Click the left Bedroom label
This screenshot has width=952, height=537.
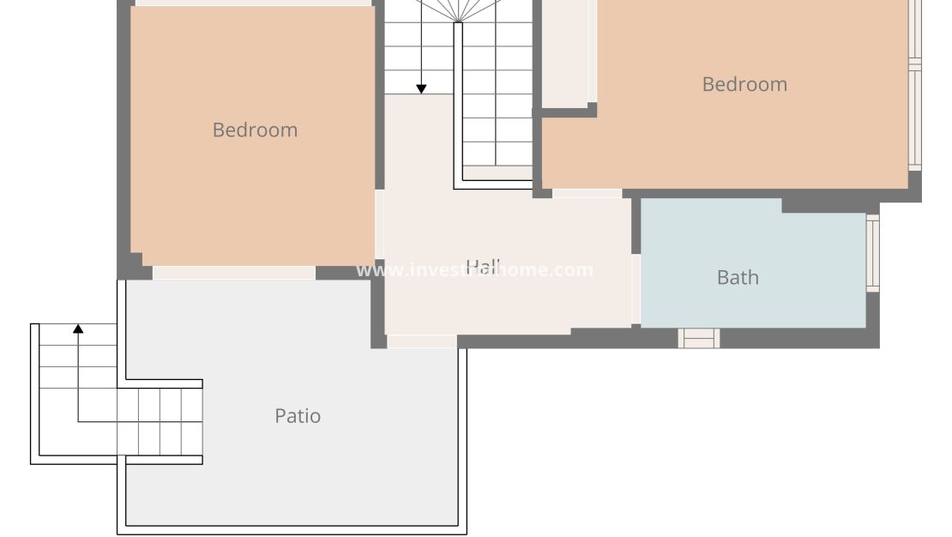(x=255, y=130)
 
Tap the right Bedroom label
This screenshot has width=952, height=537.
(x=744, y=84)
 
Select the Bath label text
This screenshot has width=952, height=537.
(x=737, y=277)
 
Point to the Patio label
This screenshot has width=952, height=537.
(x=298, y=416)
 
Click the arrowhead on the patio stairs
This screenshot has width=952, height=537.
(x=78, y=329)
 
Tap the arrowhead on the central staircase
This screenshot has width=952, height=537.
(x=421, y=88)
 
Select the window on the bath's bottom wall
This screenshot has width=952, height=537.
(x=698, y=338)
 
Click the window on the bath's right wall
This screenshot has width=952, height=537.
(x=872, y=253)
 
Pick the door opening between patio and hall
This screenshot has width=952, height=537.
(x=421, y=341)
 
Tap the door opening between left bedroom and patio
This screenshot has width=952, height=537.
(x=233, y=273)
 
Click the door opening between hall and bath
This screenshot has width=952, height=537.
(x=636, y=289)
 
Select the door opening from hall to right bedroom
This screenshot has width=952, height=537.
(x=587, y=193)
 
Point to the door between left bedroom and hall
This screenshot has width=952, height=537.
(x=379, y=225)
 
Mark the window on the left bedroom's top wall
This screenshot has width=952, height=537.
(x=253, y=3)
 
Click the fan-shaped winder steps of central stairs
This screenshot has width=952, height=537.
(x=458, y=10)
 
